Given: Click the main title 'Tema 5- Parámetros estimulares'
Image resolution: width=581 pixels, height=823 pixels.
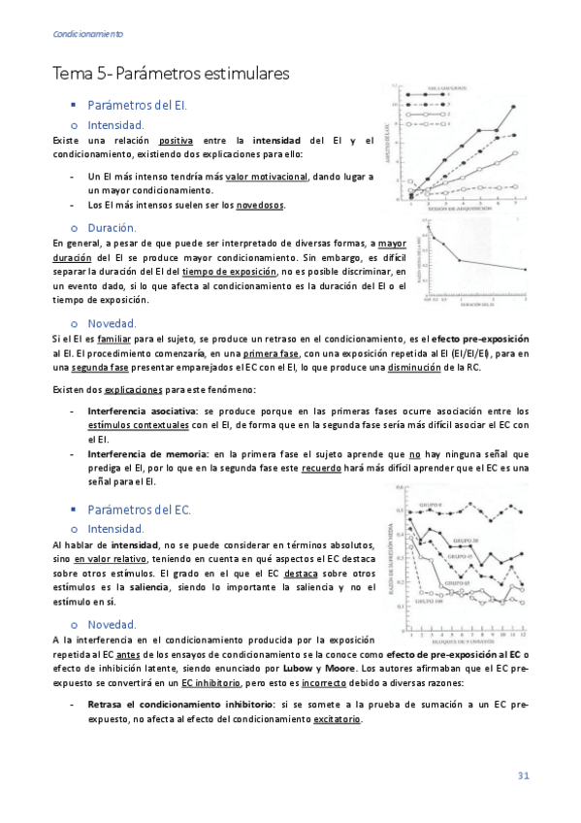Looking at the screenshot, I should [x=171, y=74].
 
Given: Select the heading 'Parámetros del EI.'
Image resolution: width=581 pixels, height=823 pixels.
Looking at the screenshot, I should [x=138, y=105].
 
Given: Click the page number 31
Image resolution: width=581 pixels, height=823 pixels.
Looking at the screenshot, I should [x=523, y=775].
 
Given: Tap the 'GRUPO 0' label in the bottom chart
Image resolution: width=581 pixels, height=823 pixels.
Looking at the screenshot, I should [x=432, y=506].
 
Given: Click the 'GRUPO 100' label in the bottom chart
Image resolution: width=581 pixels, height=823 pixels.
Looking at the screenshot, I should [x=430, y=601].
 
